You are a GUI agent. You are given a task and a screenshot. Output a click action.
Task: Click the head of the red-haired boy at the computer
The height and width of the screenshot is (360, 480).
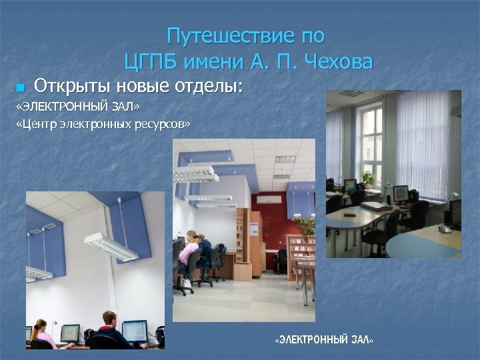109,319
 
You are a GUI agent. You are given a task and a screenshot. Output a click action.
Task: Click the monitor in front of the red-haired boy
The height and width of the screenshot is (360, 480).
134,330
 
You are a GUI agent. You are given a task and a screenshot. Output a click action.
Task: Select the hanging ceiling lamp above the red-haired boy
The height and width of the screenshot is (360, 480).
111,246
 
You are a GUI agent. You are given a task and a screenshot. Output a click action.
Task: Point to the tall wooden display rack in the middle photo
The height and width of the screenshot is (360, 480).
243,244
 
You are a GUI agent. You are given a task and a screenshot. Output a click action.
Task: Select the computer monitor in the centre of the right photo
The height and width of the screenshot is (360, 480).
400,193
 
